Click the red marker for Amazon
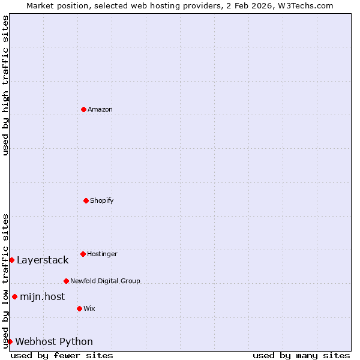tap(83, 109)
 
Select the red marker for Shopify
tap(86, 200)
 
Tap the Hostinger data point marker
tap(83, 254)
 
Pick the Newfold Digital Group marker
tap(66, 281)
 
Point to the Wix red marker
tap(79, 308)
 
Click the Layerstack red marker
tap(11, 260)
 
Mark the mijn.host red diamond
tap(14, 296)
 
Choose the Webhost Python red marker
tap(10, 341)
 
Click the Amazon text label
tap(100, 109)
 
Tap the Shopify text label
tap(102, 200)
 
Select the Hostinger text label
tap(102, 254)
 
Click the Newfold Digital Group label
tap(105, 281)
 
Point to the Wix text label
tap(89, 308)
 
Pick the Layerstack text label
tap(43, 260)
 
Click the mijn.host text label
tap(43, 296)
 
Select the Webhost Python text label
tap(54, 341)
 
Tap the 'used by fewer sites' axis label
tap(62, 355)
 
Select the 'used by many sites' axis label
tap(301, 355)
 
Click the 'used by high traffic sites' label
tap(5, 85)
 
